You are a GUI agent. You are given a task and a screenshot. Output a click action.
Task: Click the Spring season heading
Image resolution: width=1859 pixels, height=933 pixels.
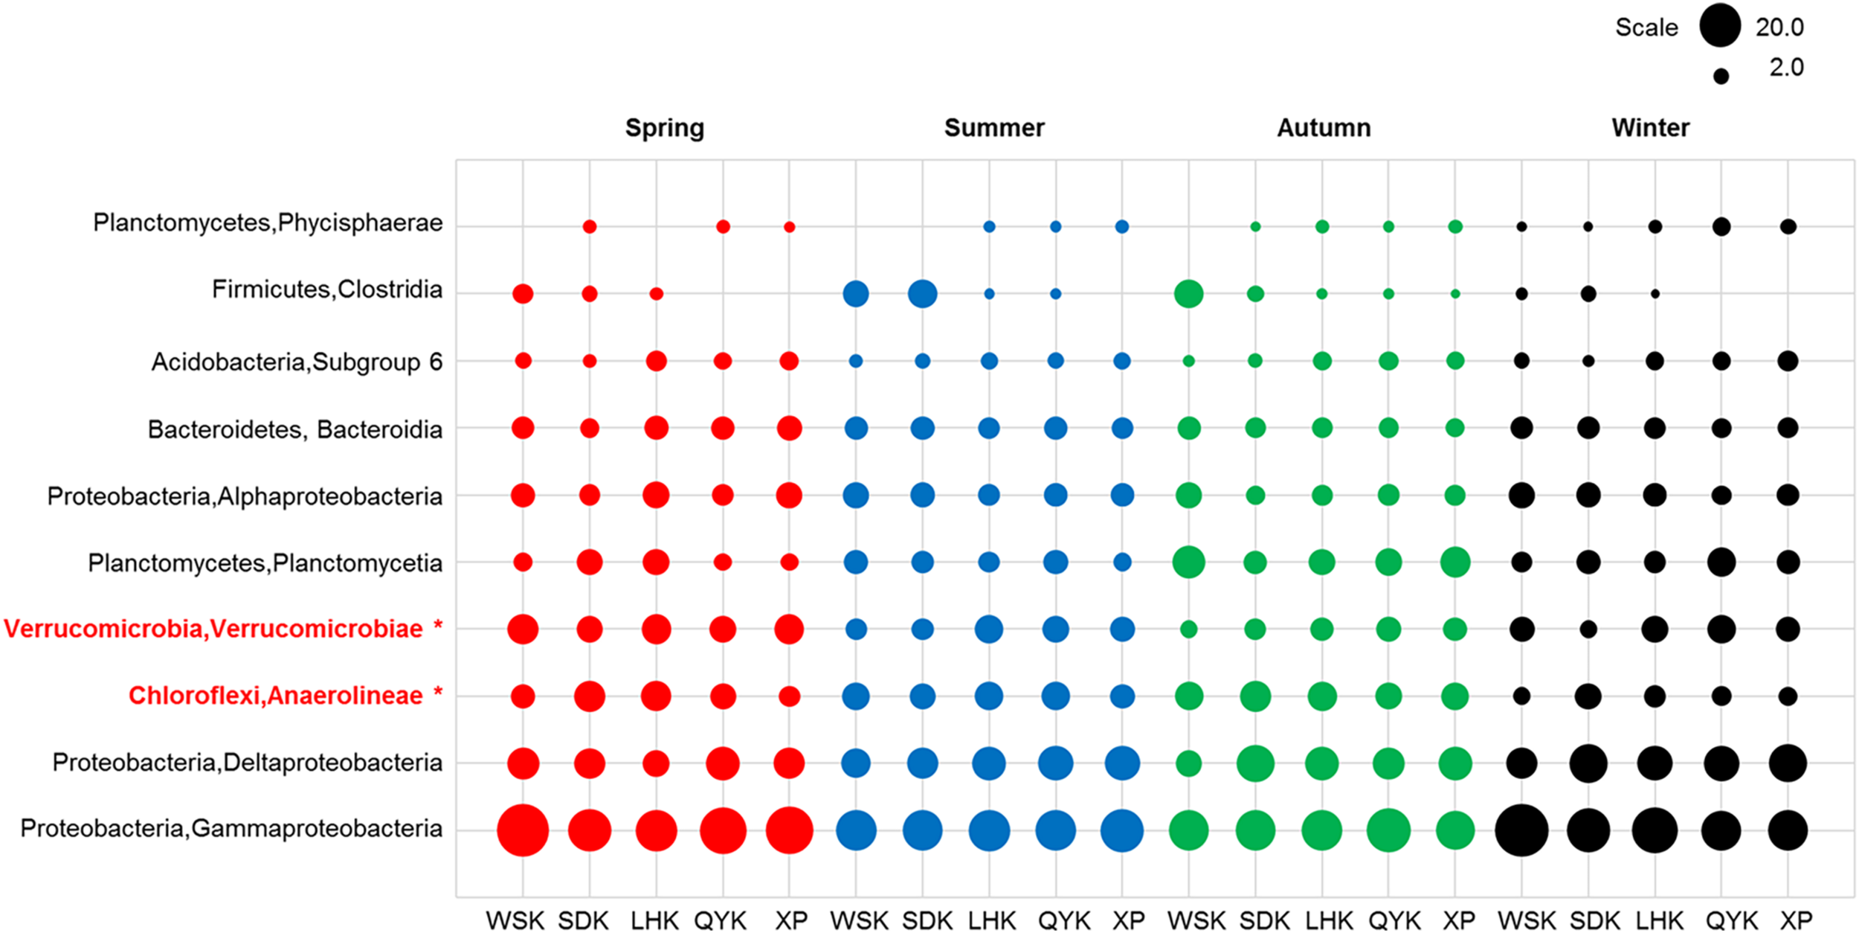click(664, 128)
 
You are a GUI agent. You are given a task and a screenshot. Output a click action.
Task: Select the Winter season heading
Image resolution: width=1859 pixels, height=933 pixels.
click(1650, 128)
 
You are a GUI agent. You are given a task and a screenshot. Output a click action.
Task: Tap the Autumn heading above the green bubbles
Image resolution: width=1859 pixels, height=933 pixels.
click(1324, 128)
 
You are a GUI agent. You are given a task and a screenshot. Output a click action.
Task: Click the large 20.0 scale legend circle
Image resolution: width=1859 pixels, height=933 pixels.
click(1720, 26)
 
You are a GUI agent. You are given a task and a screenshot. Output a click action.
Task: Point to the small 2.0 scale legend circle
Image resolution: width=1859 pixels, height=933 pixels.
click(1721, 76)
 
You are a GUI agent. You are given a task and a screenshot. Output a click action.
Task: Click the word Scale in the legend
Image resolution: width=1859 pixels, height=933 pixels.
click(1646, 28)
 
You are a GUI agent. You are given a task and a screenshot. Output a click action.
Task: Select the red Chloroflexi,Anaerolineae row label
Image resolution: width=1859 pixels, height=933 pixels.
click(275, 696)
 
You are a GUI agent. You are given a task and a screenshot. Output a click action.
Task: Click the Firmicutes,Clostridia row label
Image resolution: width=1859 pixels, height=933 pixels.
click(326, 289)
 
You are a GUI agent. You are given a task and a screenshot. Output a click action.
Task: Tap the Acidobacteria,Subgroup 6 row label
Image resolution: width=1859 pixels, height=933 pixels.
click(297, 362)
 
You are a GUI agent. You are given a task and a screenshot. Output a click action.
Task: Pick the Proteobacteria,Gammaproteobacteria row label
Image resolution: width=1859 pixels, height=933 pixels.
click(231, 829)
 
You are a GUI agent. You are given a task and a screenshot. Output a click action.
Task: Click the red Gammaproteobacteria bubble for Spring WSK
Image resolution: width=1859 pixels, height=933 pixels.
click(523, 830)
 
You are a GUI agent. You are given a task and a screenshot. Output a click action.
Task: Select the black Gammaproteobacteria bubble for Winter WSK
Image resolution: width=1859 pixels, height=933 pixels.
click(1521, 830)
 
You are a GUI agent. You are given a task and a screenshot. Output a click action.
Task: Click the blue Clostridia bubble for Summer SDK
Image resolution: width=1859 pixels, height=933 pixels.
click(922, 294)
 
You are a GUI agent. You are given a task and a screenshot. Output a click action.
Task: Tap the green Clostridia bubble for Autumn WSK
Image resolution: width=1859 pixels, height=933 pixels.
click(1188, 294)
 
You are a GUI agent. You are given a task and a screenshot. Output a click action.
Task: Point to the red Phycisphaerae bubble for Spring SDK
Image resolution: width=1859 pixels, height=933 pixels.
click(589, 227)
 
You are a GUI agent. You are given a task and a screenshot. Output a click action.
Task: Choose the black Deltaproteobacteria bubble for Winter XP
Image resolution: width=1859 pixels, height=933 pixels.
click(1788, 763)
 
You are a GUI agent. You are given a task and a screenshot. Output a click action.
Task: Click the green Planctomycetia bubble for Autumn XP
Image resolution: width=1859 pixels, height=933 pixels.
click(1454, 562)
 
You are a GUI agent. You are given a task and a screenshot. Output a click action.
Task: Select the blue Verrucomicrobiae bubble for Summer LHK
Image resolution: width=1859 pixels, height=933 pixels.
click(988, 629)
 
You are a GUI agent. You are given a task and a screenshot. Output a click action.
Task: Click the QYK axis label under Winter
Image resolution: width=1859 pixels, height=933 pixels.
click(1731, 921)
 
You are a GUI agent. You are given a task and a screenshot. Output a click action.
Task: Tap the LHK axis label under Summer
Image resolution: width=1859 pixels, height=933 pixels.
click(992, 921)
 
